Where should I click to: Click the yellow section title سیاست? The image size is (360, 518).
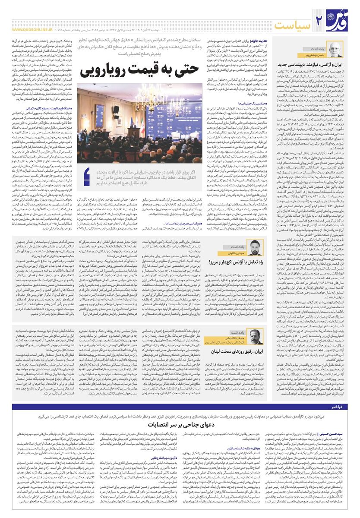click(x=294, y=22)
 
